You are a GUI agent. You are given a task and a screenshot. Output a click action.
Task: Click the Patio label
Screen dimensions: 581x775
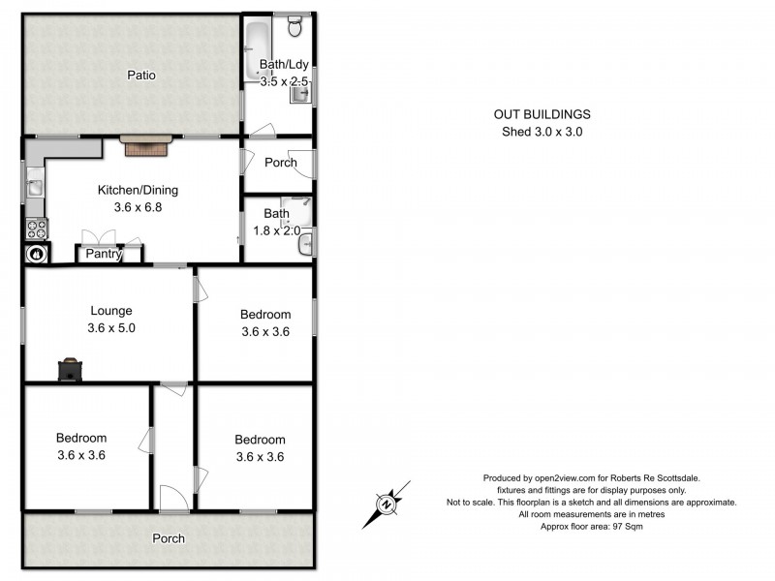click(140, 75)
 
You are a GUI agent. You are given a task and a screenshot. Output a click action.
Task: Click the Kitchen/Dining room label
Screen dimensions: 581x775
click(138, 190)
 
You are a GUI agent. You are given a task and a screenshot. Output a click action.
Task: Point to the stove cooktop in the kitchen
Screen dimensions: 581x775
click(36, 229)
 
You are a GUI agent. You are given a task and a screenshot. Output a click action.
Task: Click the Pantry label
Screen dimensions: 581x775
click(104, 255)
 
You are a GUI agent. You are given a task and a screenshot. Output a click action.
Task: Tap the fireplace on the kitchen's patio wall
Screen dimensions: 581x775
click(145, 146)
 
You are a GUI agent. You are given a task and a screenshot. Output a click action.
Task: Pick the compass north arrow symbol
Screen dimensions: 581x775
click(387, 504)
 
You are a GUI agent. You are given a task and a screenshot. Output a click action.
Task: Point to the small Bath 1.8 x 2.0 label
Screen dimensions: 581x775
click(277, 222)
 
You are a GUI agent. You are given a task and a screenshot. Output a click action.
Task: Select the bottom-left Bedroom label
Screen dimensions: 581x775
click(81, 446)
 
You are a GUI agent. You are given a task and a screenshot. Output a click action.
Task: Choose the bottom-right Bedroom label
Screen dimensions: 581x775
click(260, 448)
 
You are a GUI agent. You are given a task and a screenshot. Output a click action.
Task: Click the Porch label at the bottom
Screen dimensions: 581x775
click(168, 538)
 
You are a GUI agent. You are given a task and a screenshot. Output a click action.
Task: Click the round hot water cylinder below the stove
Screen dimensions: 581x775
click(36, 254)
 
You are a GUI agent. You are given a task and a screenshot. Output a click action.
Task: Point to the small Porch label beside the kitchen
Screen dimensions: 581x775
click(280, 163)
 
